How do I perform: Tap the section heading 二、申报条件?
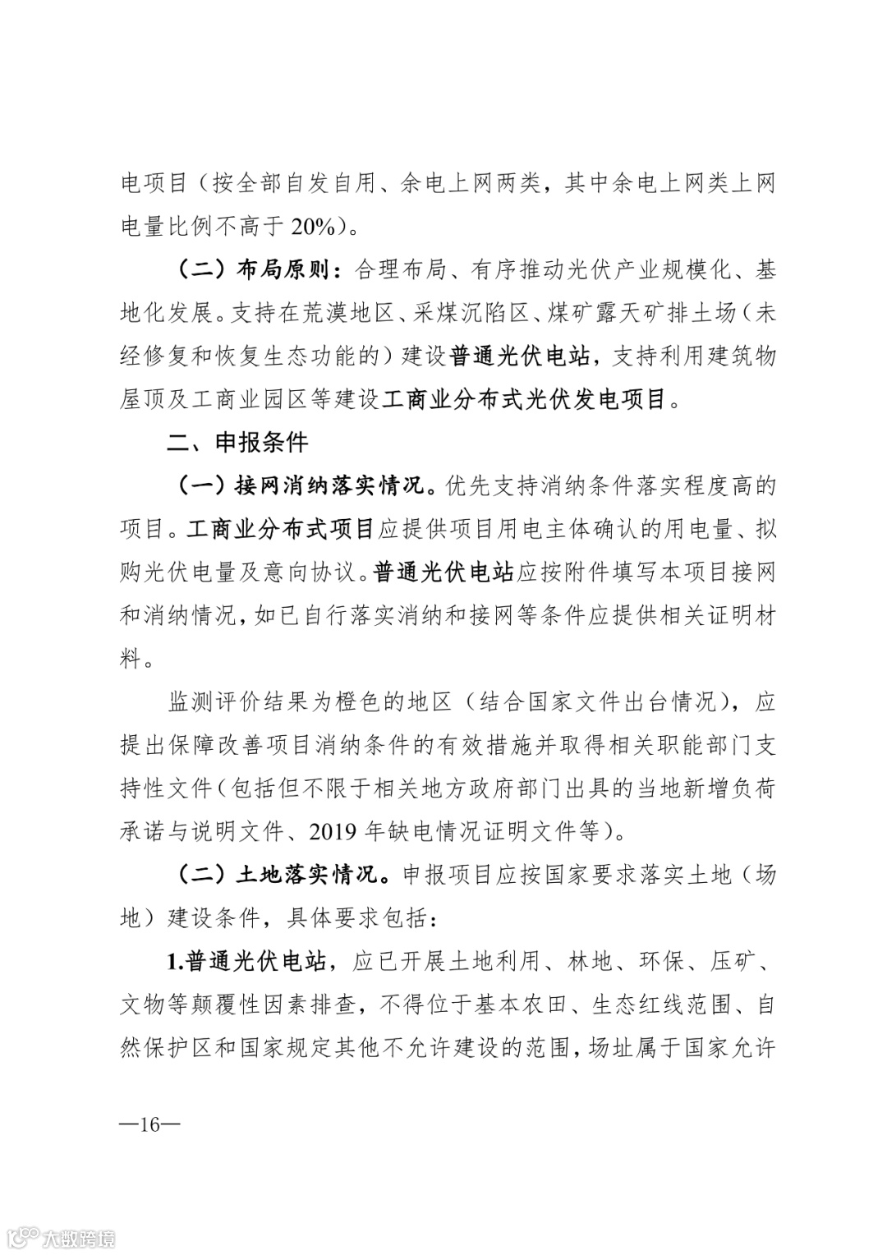[x=237, y=443]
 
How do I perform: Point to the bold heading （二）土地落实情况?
[x=283, y=875]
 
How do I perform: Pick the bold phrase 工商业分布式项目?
[x=281, y=529]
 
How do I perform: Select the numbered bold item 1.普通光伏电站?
[x=249, y=961]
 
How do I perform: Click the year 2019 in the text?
[x=333, y=832]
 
